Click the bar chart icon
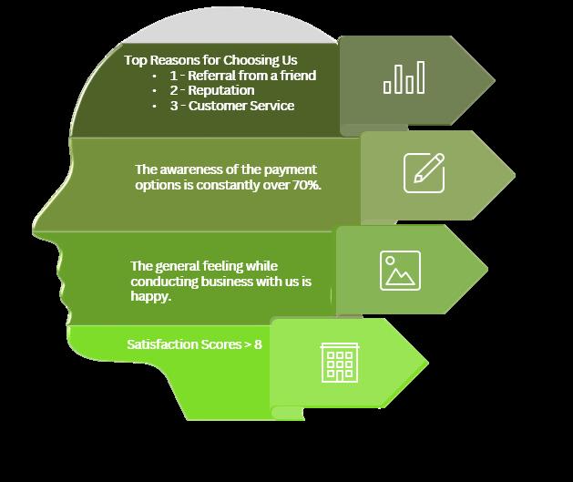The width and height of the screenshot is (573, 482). pos(404,77)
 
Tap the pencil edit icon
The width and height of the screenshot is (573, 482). pos(424,172)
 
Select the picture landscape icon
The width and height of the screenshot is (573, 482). pos(400,270)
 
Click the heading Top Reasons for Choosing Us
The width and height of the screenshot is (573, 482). pos(199,61)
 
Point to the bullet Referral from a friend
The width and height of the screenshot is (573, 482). pos(242,76)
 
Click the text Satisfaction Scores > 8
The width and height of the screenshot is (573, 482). pos(194,345)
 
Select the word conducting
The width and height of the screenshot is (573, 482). pos(162,282)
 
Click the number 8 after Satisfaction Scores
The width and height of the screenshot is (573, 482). pos(259,345)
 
